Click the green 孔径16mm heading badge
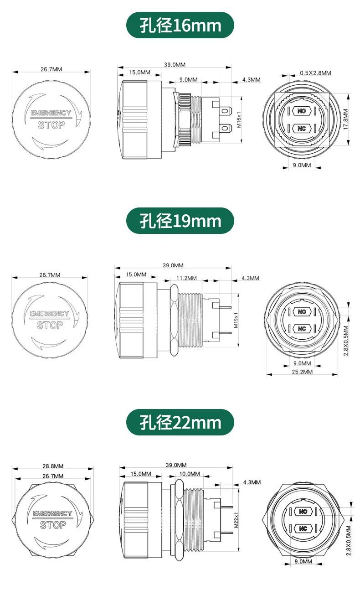coord(180,25)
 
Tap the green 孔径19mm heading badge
coord(180,221)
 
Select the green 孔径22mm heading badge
coord(180,422)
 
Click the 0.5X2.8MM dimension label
coord(316,73)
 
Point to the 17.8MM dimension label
coord(345,119)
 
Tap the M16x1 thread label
coord(239,119)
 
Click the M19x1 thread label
coord(236,320)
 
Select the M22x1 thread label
coord(236,520)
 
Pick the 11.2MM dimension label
coord(187,278)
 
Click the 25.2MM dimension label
coord(302,372)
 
